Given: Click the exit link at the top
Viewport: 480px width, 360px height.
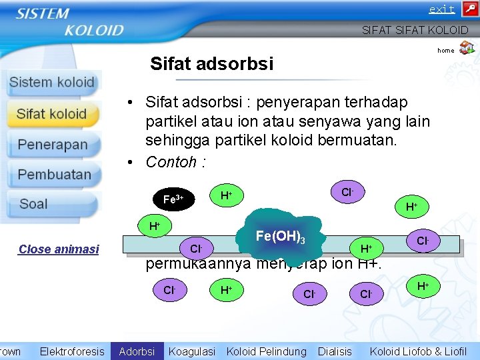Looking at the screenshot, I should [441, 9].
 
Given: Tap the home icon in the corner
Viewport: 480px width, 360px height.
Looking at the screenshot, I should [467, 48].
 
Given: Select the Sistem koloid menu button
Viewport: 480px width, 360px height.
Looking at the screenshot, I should [52, 83].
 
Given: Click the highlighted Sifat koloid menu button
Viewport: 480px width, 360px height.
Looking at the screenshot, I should [52, 114].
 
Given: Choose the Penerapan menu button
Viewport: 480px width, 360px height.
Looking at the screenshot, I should [52, 145].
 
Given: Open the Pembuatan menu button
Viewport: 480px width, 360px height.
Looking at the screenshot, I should [53, 175].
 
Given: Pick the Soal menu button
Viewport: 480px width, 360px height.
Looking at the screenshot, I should [33, 204].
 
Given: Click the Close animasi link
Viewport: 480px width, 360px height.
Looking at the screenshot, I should [59, 249].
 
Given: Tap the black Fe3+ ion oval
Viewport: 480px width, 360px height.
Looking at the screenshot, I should [173, 199].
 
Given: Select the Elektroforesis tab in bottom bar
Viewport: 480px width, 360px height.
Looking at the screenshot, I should [72, 351].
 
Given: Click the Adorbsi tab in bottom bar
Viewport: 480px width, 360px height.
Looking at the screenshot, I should [137, 351].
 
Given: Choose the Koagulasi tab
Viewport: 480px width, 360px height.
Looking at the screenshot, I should [191, 351].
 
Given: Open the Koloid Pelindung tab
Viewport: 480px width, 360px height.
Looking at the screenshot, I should [266, 351].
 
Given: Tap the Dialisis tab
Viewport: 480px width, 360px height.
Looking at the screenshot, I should [335, 351].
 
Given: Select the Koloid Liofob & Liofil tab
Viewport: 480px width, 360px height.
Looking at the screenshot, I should [418, 351].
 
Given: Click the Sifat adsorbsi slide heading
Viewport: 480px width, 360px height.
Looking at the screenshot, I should [211, 63].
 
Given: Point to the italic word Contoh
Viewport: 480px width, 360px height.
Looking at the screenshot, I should [171, 162].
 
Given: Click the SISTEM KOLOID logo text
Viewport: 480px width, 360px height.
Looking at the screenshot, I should [69, 21].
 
